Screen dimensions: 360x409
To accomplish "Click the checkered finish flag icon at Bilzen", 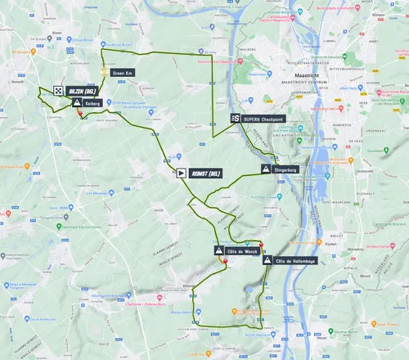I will point(59,92).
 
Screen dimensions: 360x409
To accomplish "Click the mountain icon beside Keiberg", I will point(76,105).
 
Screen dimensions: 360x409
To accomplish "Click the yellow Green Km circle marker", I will point(102,72).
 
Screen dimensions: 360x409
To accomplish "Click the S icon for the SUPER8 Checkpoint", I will point(235,119).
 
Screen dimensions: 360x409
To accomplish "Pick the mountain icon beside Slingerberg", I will point(266,169).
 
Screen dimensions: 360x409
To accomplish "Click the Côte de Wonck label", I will point(243,250).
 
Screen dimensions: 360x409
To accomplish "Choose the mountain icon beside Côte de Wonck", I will point(218,250).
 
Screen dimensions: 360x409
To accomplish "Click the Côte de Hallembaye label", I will point(296,261).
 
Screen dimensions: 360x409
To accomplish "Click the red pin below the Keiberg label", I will point(79,115).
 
